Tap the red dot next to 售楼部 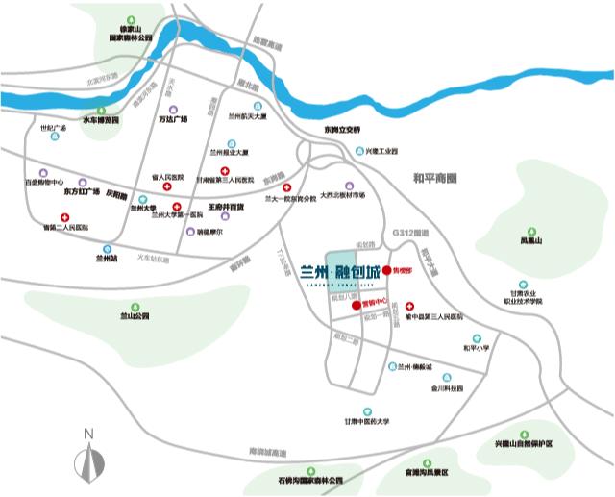pos(386,271)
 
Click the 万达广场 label pos(173,120)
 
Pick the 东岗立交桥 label pos(340,130)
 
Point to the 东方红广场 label pos(82,191)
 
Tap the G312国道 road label pos(409,233)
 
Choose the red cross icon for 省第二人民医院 pos(64,218)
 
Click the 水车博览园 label pos(100,120)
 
